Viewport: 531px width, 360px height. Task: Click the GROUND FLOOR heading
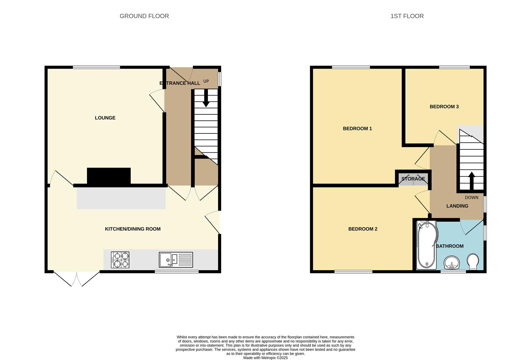tap(144, 16)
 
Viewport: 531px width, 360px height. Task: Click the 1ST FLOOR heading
tap(407, 16)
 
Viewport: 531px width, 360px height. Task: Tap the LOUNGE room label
tap(105, 118)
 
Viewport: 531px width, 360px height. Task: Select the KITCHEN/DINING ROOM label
tap(133, 229)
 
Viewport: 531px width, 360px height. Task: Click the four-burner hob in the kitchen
tap(120, 260)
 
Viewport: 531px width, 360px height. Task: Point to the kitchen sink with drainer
tap(176, 260)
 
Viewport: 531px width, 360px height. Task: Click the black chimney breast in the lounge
tap(109, 176)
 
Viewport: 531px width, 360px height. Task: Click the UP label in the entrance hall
tap(206, 81)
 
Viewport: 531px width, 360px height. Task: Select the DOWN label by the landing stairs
tap(472, 197)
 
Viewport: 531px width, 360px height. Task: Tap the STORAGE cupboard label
tap(413, 179)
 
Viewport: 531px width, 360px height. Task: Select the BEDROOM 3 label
tap(444, 107)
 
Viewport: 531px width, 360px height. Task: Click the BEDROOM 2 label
tap(363, 229)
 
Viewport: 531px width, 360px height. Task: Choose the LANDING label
tap(457, 206)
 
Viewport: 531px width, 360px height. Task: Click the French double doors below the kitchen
tap(76, 279)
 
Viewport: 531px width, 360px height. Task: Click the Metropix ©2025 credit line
tap(265, 358)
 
